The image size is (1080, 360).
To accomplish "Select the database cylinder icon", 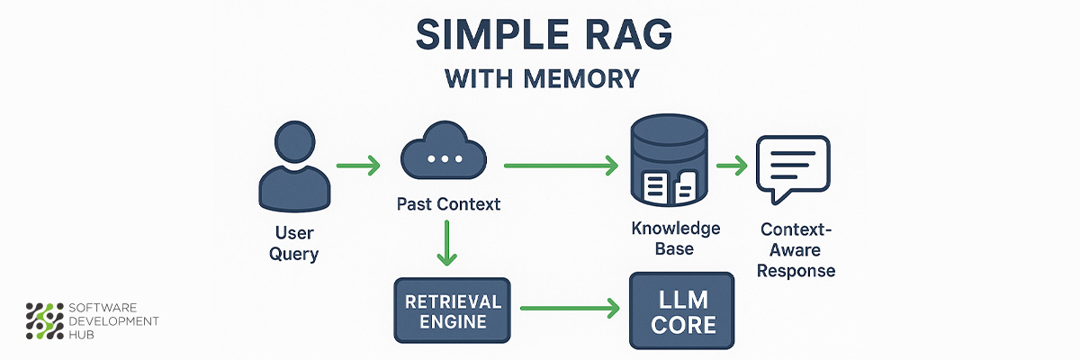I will (666, 164).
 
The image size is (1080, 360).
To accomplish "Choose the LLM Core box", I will (681, 310).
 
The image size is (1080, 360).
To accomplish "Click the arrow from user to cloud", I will (358, 166).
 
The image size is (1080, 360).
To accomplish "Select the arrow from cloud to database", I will (561, 166).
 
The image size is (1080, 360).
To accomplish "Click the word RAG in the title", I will (620, 36).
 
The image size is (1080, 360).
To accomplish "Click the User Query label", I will (293, 243).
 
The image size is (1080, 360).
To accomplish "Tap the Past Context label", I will (448, 204).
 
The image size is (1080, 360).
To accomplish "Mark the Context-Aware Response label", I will (796, 249).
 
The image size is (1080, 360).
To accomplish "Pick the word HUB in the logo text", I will (84, 335).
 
